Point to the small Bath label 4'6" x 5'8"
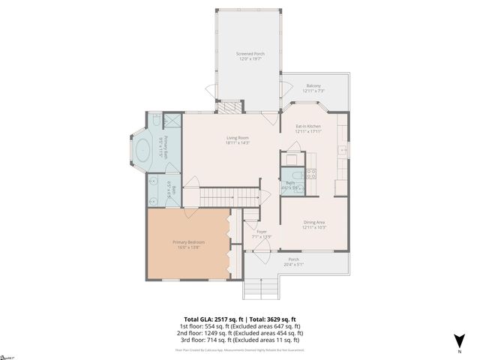pyautogui.click(x=289, y=184)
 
